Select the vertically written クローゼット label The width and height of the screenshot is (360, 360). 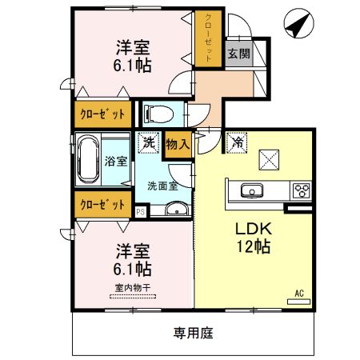[207, 38]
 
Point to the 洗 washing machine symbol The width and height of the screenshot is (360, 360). [148, 144]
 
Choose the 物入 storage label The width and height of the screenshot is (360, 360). [178, 145]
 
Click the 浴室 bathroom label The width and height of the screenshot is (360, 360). [116, 161]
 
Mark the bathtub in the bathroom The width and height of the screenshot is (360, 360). [88, 161]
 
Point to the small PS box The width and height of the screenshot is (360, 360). [141, 211]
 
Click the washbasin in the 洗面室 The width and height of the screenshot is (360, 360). [177, 210]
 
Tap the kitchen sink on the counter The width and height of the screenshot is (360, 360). [250, 190]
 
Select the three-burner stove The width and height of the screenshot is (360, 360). [302, 190]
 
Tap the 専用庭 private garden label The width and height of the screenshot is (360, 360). [194, 332]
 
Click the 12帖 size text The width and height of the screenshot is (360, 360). [252, 246]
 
